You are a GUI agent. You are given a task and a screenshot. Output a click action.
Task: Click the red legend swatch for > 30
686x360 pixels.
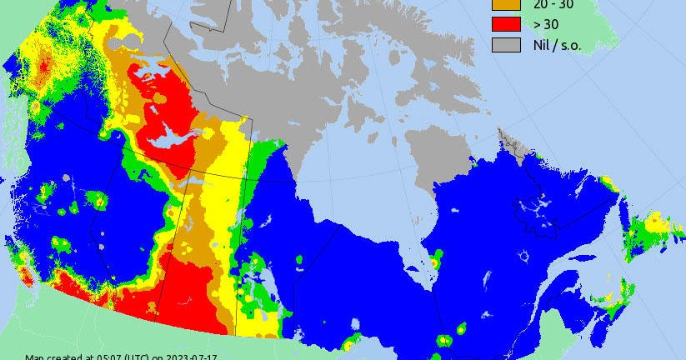[x=504, y=23]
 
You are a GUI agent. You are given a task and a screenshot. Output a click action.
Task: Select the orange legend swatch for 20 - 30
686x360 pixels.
[x=504, y=4]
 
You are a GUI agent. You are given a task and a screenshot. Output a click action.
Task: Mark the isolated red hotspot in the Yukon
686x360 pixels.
[x=40, y=62]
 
